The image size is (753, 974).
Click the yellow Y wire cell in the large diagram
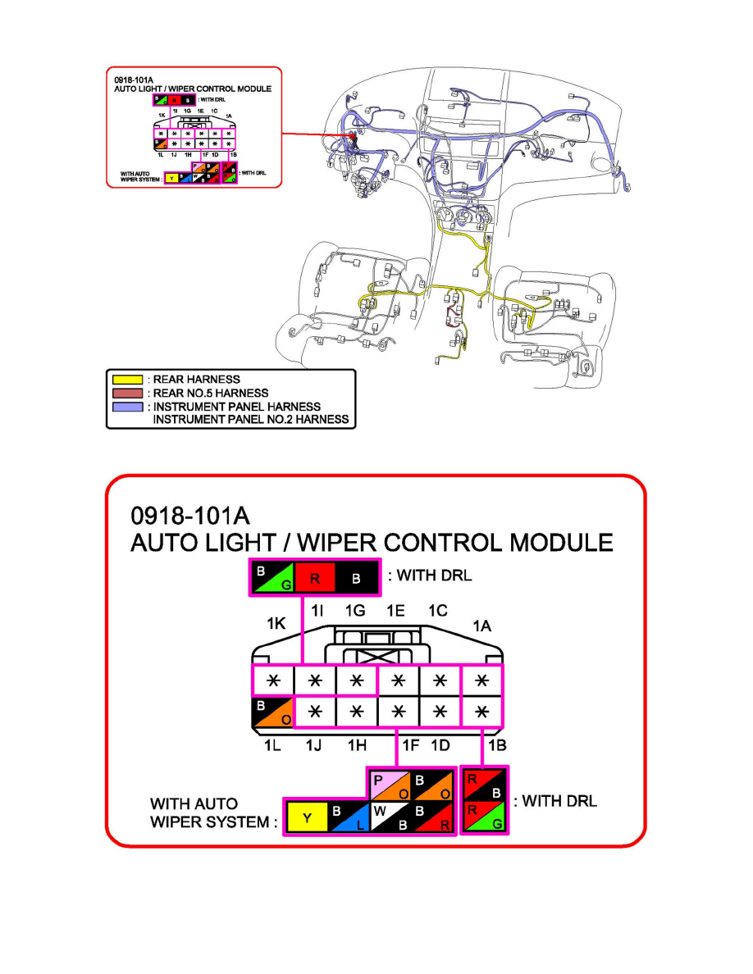[305, 817]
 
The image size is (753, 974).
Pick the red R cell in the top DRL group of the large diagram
[315, 577]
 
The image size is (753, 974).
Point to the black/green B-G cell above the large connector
[272, 577]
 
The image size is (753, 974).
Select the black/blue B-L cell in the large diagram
[349, 817]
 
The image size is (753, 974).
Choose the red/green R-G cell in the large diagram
[485, 817]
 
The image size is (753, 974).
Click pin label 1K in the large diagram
[276, 625]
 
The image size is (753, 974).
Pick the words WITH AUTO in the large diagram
[194, 804]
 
